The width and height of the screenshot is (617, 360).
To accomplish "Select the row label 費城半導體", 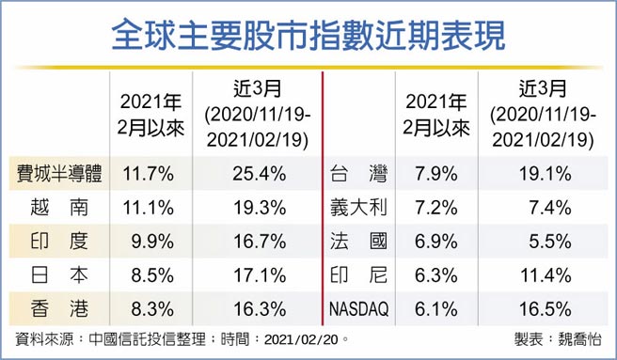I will (x=59, y=174).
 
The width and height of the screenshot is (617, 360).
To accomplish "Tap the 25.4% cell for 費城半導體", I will (x=251, y=174).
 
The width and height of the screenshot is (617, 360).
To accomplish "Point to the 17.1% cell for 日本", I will (x=251, y=275).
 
